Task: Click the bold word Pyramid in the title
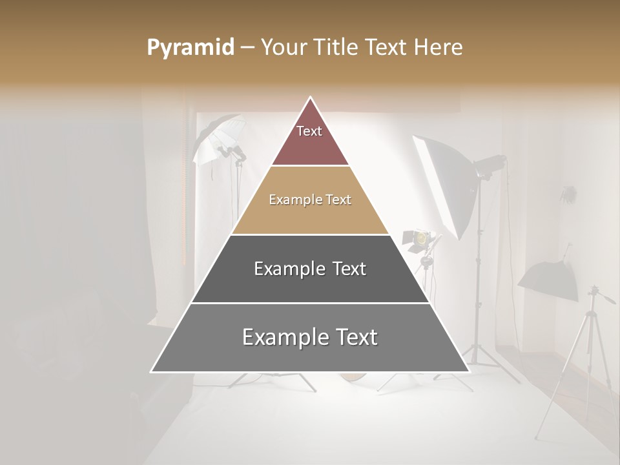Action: click(x=190, y=48)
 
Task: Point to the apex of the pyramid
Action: click(x=310, y=98)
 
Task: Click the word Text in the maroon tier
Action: click(x=309, y=131)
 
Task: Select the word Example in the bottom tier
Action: click(x=284, y=337)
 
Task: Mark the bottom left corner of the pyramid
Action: click(x=151, y=372)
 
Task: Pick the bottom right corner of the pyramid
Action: click(x=469, y=372)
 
